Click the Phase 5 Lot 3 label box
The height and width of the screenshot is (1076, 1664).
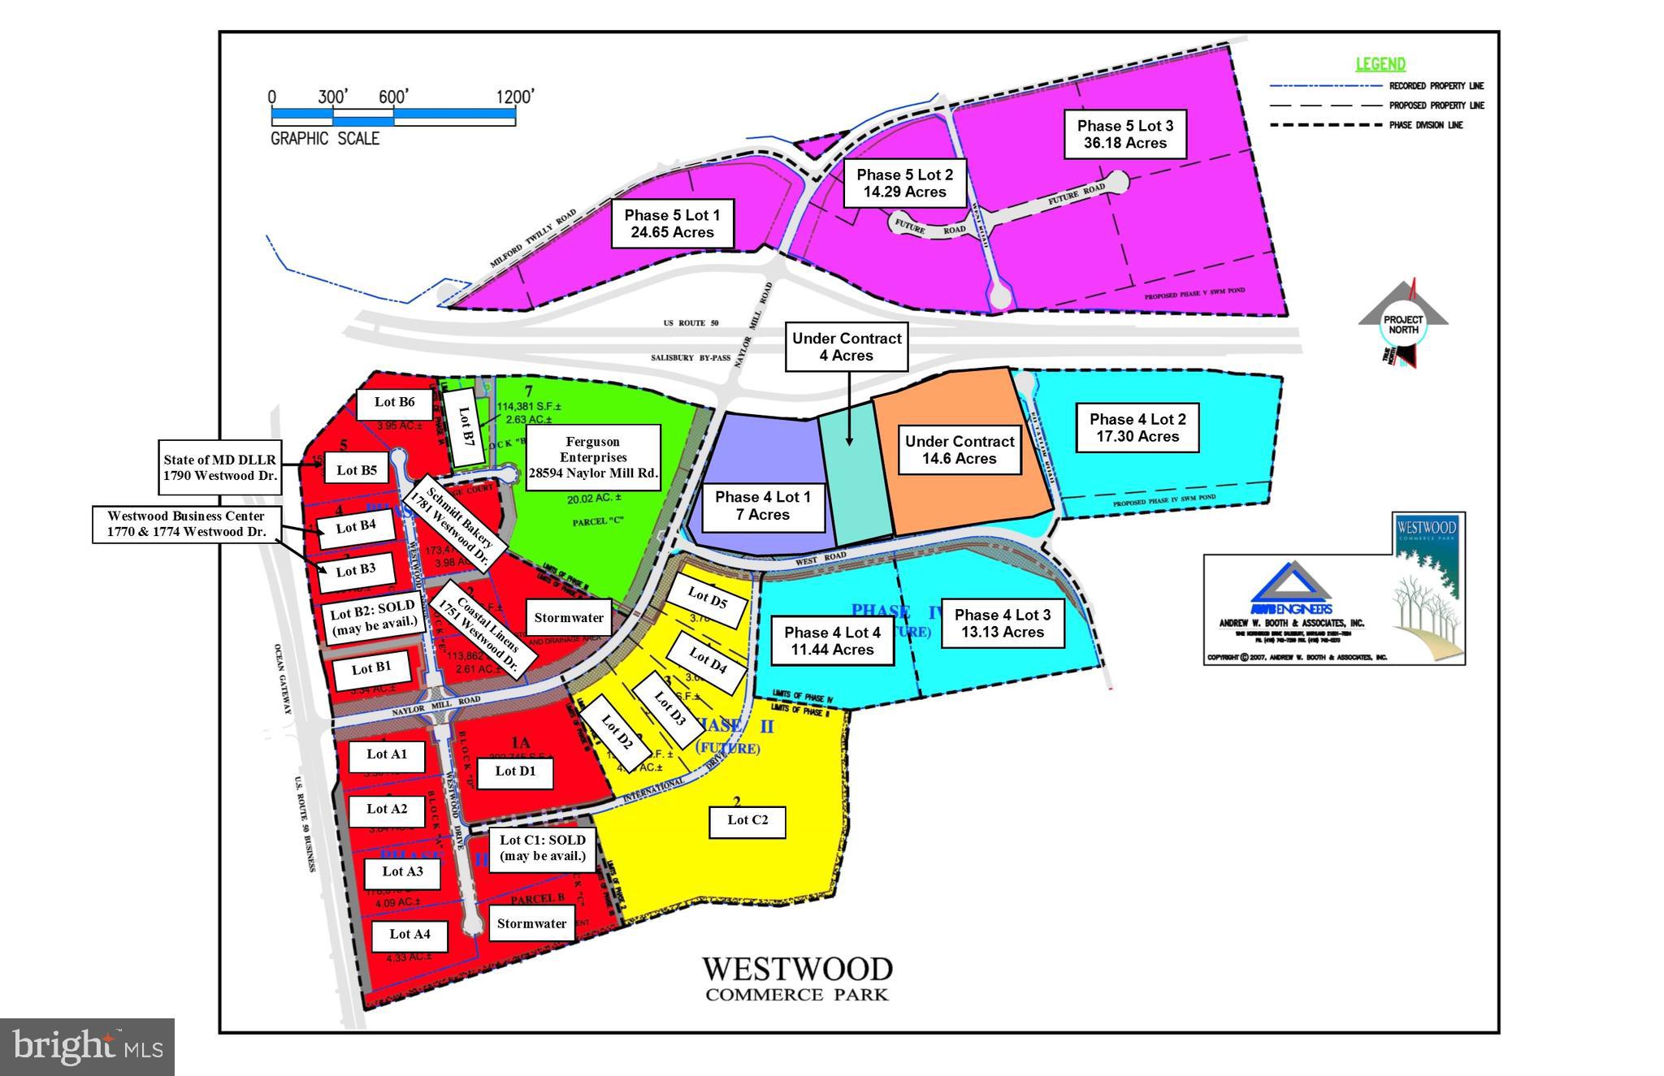(1124, 134)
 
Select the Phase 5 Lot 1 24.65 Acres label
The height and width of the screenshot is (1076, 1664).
(672, 224)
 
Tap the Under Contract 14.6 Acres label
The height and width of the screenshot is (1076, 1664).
(960, 450)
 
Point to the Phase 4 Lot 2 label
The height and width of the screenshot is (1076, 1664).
(1137, 428)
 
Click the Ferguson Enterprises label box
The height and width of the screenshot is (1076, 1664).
(593, 457)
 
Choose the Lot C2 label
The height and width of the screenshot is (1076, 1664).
(747, 821)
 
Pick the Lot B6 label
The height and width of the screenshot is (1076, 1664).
(394, 402)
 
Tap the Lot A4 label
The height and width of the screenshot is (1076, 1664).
(409, 935)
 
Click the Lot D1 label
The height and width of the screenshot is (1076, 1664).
(515, 771)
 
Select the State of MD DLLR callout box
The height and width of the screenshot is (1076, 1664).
(219, 468)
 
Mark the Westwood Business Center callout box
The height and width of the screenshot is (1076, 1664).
(186, 524)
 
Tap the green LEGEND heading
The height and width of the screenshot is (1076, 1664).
(1380, 64)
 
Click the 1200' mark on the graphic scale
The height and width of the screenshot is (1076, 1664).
(515, 97)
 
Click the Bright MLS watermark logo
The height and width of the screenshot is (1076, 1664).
(87, 1047)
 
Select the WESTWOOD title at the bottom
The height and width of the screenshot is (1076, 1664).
(796, 969)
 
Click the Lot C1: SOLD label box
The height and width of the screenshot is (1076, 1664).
(542, 849)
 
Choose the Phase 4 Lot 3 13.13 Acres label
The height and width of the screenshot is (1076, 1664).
(1002, 624)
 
